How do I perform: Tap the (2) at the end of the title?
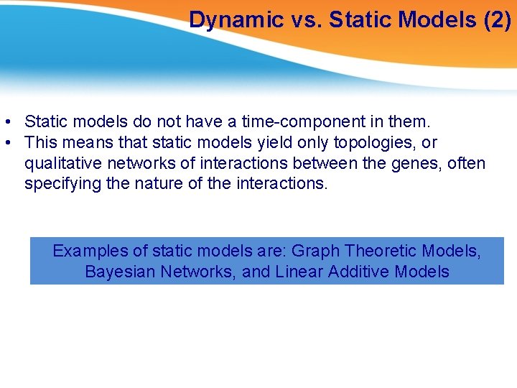tap(497, 19)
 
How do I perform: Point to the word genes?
tap(416, 163)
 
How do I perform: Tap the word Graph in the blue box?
tap(317, 251)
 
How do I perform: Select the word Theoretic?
tap(381, 251)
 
